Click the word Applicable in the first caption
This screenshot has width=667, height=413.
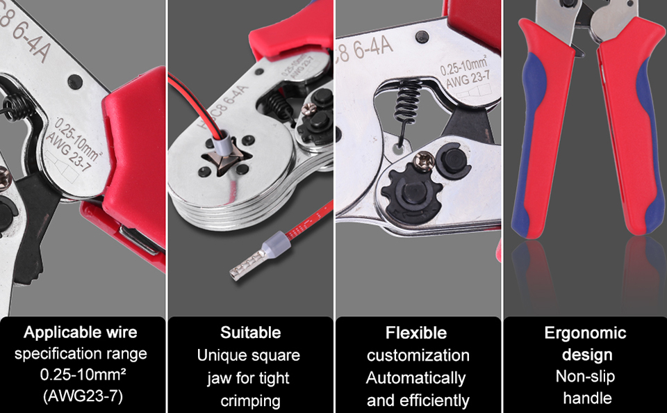(x=58, y=333)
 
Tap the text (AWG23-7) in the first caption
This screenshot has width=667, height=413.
(x=83, y=396)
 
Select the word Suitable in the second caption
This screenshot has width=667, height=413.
(x=251, y=332)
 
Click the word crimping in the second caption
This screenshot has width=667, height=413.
(x=251, y=401)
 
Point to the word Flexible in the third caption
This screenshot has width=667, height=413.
(x=416, y=333)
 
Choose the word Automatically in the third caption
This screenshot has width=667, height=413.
(x=415, y=378)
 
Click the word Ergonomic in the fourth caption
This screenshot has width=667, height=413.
(x=585, y=333)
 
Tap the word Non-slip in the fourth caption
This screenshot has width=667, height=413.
(x=585, y=376)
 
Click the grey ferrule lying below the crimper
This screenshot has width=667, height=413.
(x=261, y=257)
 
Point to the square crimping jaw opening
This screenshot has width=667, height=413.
(x=227, y=159)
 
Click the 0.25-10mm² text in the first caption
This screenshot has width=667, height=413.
(x=83, y=374)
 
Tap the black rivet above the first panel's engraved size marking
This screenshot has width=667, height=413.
(x=75, y=81)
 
